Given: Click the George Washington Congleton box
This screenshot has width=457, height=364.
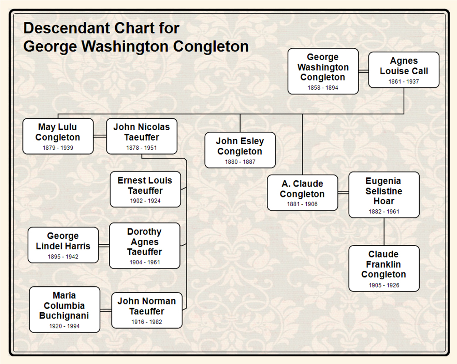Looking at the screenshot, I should click(323, 71).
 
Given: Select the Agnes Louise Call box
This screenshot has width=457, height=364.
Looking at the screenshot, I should click(404, 70).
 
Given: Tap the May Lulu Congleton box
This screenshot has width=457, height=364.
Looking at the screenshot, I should click(58, 136).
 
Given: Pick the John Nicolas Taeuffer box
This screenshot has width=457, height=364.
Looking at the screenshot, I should click(142, 136).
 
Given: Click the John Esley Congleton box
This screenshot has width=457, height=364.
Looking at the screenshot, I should click(240, 150).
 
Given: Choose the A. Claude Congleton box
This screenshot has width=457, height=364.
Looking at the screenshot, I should click(302, 192).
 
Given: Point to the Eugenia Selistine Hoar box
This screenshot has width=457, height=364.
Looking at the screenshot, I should click(384, 194).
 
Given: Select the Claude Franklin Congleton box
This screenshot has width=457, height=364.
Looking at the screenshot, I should click(384, 268).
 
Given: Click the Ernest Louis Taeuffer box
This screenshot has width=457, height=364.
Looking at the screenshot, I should click(145, 189).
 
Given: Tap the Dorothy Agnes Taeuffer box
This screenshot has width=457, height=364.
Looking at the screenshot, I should click(144, 245).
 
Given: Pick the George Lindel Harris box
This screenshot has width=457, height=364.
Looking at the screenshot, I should click(63, 245).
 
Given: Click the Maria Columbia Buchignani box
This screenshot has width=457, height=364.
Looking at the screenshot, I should click(64, 309).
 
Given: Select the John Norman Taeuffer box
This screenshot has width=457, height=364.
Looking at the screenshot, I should click(147, 310).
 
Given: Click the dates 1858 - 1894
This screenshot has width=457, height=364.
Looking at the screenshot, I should click(323, 88).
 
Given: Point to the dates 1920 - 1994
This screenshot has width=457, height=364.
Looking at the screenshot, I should click(64, 326).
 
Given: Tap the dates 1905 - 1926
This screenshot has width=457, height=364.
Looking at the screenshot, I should click(384, 286).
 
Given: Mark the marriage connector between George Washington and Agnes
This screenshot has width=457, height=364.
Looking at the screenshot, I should click(363, 71).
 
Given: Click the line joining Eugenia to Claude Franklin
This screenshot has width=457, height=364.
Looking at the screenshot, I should click(384, 232).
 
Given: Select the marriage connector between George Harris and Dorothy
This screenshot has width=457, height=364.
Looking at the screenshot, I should click(104, 245).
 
